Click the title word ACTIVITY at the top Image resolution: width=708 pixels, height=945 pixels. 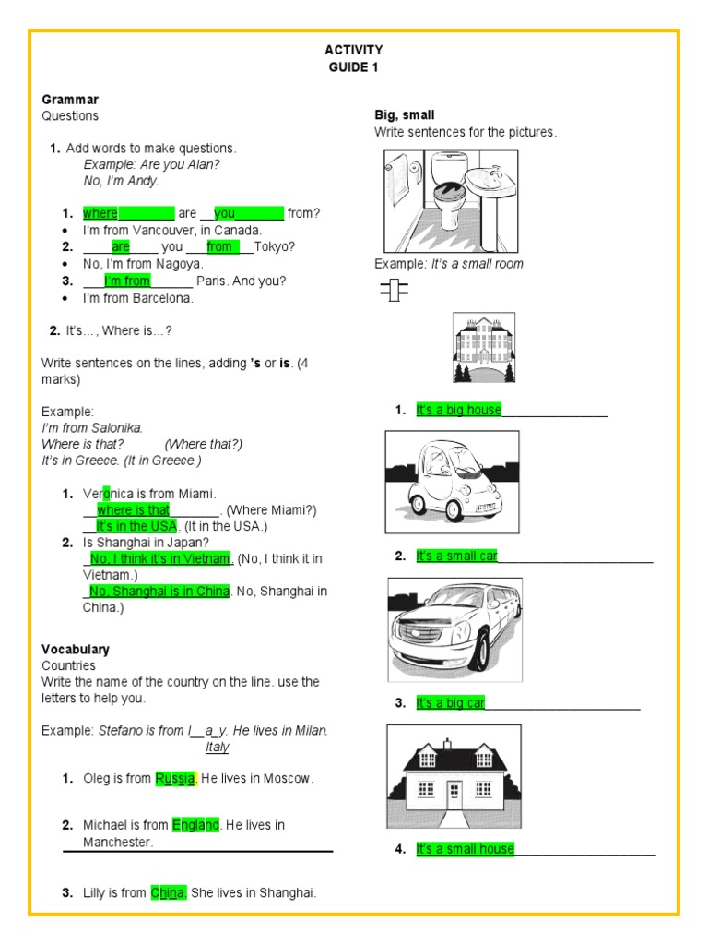(x=354, y=50)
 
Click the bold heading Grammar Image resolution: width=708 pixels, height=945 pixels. (x=70, y=99)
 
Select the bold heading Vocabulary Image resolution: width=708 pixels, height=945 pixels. (x=76, y=649)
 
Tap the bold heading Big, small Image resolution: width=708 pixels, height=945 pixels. (x=404, y=115)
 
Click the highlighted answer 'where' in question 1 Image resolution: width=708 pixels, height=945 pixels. (x=100, y=213)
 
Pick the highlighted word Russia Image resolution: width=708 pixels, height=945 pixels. (x=175, y=778)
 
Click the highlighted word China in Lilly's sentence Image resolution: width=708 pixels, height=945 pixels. (x=169, y=892)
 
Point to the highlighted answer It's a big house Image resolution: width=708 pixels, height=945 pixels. (x=459, y=410)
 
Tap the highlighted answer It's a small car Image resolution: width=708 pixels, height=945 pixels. (x=457, y=556)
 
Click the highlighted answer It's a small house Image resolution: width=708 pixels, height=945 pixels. (x=466, y=849)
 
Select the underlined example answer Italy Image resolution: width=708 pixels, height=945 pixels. (x=217, y=747)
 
